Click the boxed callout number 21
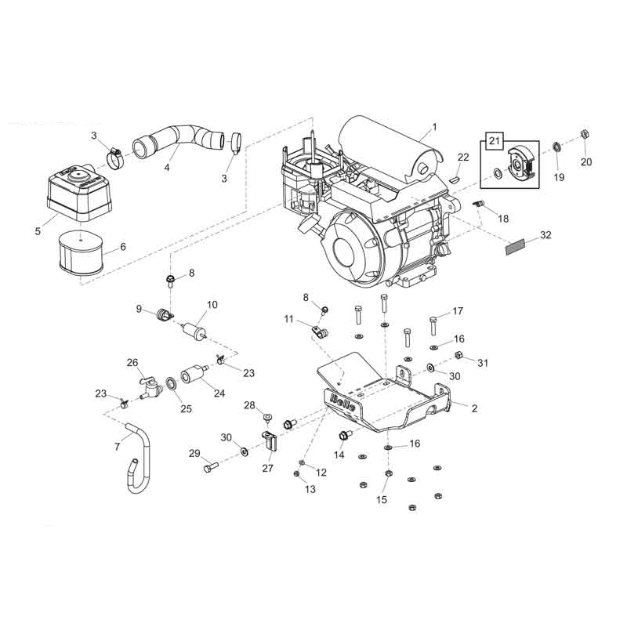[494, 141]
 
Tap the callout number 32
[545, 235]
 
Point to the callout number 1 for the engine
[435, 126]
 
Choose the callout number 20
[587, 162]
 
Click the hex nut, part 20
[584, 134]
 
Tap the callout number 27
[268, 468]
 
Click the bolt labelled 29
[209, 468]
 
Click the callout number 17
[458, 310]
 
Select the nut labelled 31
[460, 357]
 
